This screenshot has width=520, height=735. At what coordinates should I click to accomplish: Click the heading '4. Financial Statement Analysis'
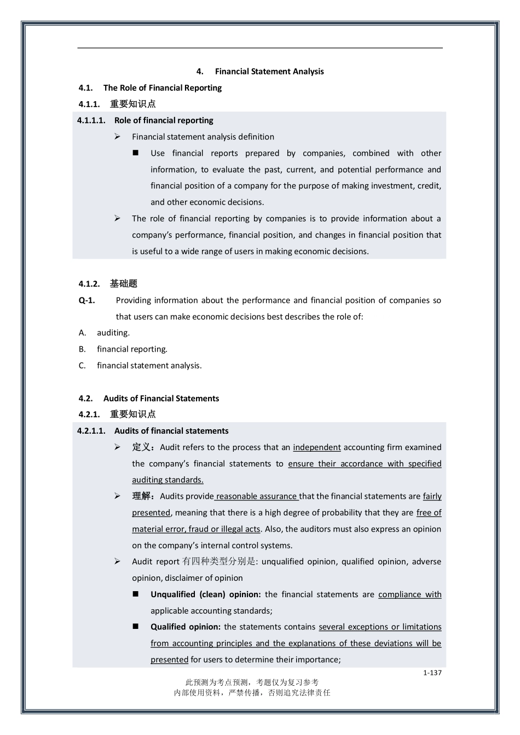tap(260, 72)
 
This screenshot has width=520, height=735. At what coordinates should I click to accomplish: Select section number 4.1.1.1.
tap(91, 120)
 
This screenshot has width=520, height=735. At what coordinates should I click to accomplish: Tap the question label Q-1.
tap(87, 300)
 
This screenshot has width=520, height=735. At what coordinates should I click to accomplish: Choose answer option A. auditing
tap(104, 332)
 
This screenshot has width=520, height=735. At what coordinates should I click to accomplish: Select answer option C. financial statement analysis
tap(140, 365)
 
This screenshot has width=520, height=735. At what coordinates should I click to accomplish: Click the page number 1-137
tap(432, 673)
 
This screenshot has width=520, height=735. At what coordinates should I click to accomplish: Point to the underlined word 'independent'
tap(316, 447)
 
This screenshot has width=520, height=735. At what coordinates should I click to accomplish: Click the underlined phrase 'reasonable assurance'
tap(256, 497)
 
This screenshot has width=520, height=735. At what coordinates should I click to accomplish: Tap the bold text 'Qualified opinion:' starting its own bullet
tap(186, 627)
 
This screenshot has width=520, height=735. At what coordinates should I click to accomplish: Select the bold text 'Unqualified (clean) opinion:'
tap(206, 594)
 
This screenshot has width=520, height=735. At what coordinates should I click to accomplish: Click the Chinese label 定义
tap(142, 447)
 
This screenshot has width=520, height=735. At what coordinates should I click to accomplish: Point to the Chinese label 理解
tap(142, 497)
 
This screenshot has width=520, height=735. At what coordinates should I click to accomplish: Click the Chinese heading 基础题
tap(123, 283)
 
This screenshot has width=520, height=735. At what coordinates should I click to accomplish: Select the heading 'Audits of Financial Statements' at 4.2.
tap(161, 398)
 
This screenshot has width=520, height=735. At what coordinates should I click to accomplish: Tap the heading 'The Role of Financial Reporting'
tap(162, 87)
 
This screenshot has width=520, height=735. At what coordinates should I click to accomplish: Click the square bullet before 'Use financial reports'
tap(136, 153)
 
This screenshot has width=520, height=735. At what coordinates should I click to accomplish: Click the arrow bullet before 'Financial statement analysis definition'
tap(117, 137)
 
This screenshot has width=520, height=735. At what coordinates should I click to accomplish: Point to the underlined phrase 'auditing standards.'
tap(167, 480)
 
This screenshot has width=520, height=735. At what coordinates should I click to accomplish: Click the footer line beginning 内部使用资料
tap(252, 692)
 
